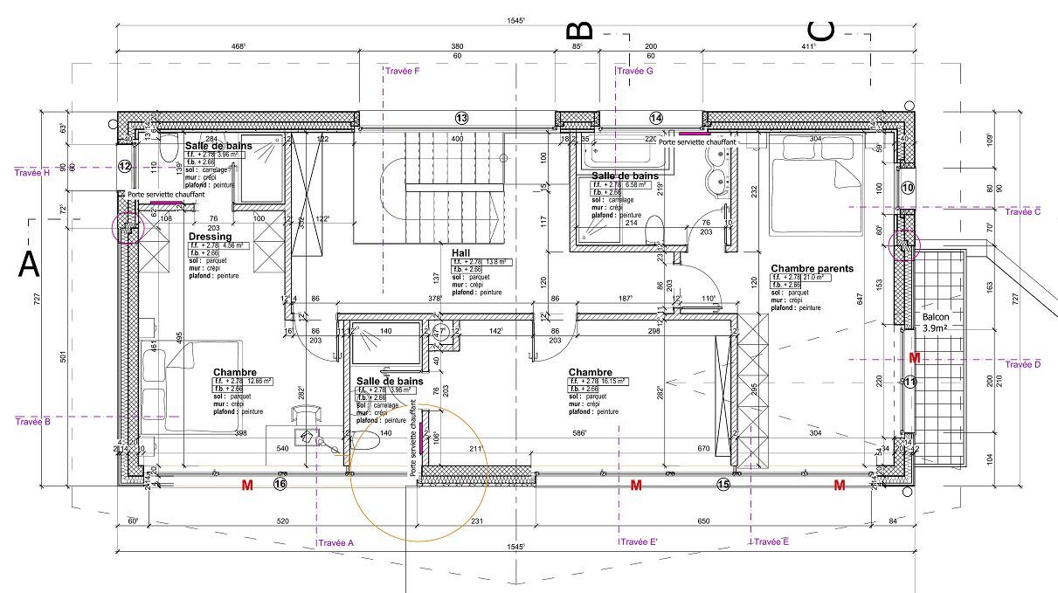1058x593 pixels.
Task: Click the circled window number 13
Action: pyautogui.click(x=461, y=118)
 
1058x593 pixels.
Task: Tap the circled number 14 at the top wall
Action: pyautogui.click(x=656, y=118)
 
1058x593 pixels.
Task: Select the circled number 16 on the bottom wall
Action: pyautogui.click(x=280, y=484)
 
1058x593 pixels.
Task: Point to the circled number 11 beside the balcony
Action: pyautogui.click(x=909, y=382)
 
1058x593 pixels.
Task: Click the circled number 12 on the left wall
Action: pyautogui.click(x=125, y=166)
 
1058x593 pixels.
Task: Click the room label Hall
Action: pyautogui.click(x=461, y=252)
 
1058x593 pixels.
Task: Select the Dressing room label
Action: pyautogui.click(x=211, y=237)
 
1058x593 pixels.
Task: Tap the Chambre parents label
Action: pyautogui.click(x=812, y=269)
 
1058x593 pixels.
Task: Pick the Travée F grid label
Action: pyautogui.click(x=403, y=71)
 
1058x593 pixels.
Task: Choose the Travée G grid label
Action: pyautogui.click(x=635, y=71)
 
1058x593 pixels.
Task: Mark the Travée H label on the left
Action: pyautogui.click(x=32, y=173)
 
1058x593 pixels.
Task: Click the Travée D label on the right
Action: pyautogui.click(x=1023, y=364)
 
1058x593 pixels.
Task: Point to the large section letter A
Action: pyautogui.click(x=29, y=264)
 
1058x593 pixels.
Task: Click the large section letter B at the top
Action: pyautogui.click(x=584, y=31)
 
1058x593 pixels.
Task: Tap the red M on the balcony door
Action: pyautogui.click(x=914, y=358)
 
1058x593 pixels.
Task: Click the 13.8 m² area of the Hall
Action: pyautogui.click(x=496, y=262)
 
